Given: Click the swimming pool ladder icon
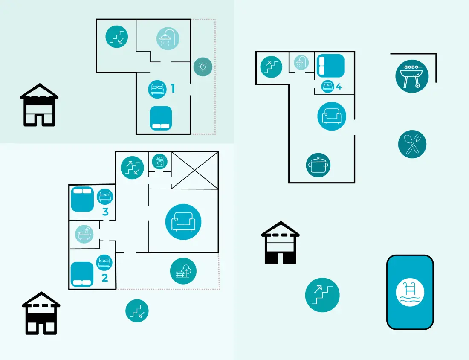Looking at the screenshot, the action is [410, 292].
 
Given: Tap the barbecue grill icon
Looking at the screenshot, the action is [412, 76].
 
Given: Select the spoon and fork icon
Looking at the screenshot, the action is [412, 144].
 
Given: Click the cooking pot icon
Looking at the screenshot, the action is [318, 165].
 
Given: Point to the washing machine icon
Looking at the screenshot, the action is [160, 162].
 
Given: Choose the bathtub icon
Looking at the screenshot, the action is [84, 234].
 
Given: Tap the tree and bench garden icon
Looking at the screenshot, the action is [183, 271].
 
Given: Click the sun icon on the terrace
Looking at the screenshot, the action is [203, 67].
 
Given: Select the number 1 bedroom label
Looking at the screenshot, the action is [173, 89].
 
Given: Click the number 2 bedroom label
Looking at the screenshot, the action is [105, 278].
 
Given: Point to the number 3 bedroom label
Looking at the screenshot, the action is [105, 212].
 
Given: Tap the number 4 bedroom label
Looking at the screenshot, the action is [339, 87].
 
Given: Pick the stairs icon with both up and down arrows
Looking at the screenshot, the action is [132, 168].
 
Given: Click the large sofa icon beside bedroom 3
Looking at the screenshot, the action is [183, 222].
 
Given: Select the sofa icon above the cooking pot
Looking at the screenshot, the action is [332, 116].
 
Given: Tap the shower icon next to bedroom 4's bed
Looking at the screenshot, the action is [301, 63].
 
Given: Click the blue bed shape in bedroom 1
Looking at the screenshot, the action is [161, 118].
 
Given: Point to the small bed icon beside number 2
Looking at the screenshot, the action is [104, 262].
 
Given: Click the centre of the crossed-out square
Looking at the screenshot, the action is [195, 170].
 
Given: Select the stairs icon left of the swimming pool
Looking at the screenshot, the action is [322, 295].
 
